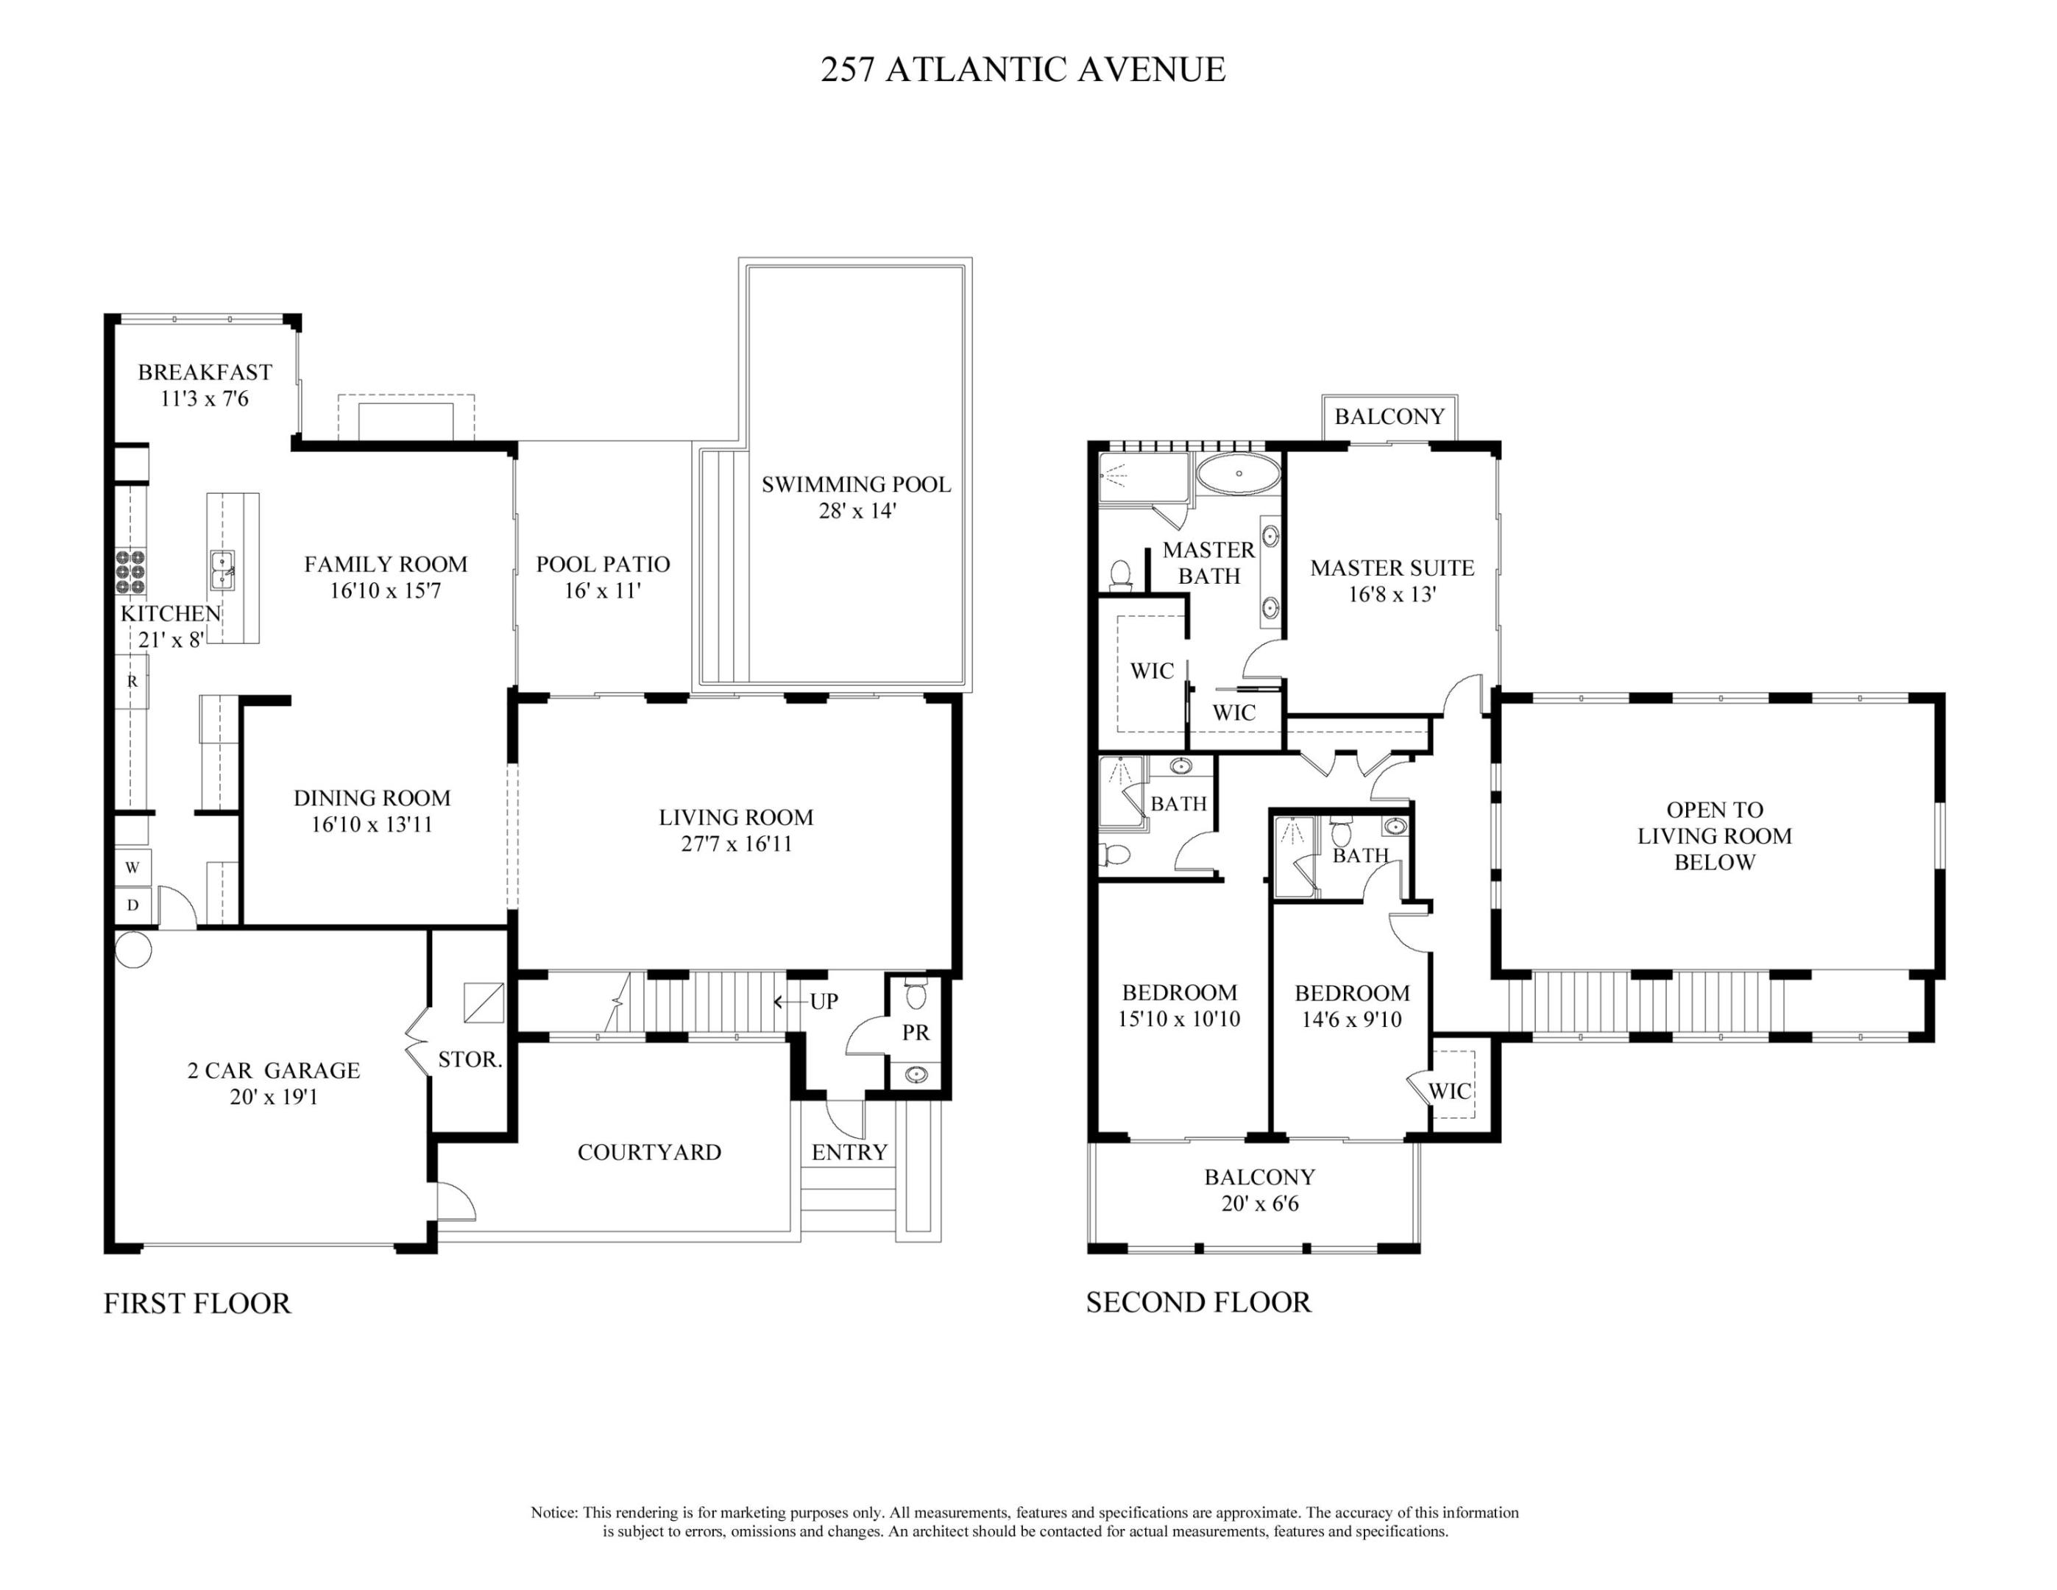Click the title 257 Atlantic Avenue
tap(1023, 70)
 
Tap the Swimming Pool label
tap(856, 484)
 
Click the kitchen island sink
tap(222, 570)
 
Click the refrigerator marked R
tap(132, 681)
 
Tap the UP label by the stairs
tap(824, 1001)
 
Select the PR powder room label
tap(916, 1032)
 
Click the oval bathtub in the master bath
tap(1239, 473)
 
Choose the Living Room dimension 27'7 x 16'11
tap(737, 843)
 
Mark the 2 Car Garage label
tap(274, 1070)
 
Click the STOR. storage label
tap(470, 1060)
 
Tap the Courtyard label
tap(649, 1152)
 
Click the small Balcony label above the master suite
tap(1389, 417)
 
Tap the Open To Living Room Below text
tap(1714, 835)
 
